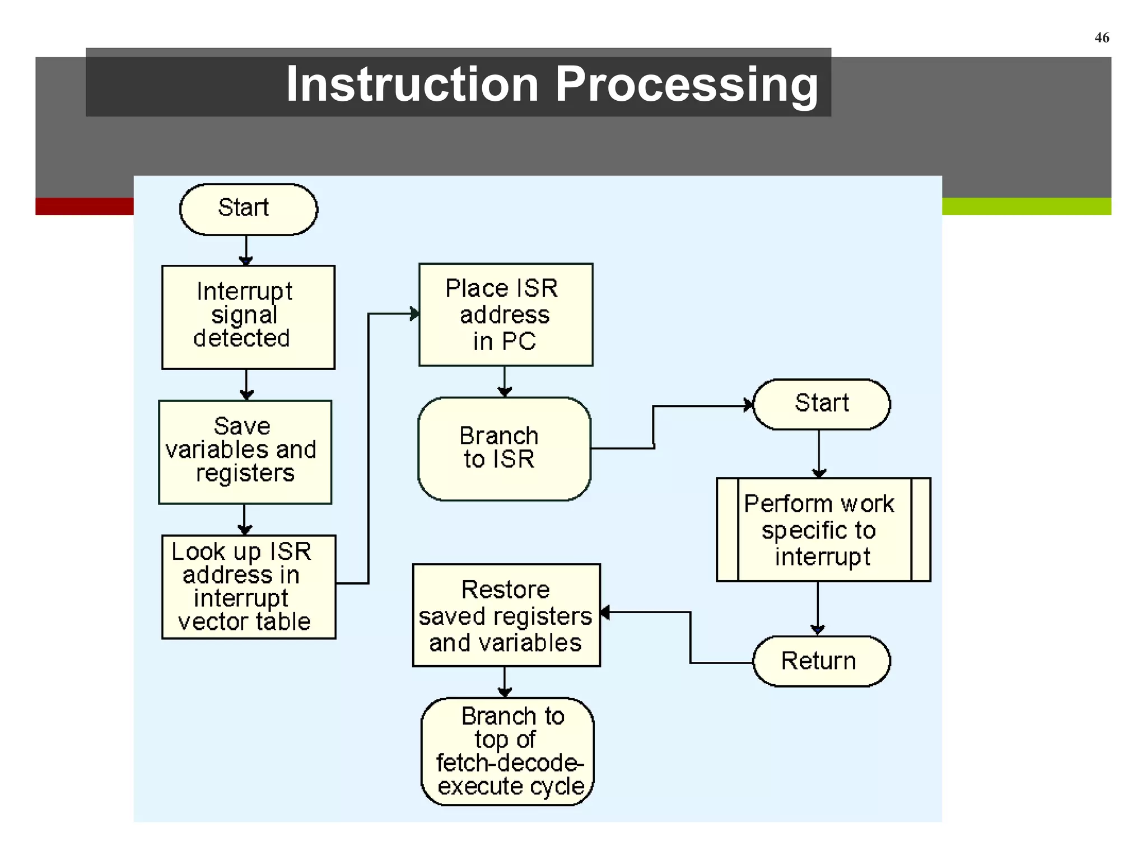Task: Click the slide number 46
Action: click(x=1101, y=38)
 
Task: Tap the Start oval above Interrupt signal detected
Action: click(x=248, y=209)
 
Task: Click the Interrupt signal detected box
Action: click(x=248, y=317)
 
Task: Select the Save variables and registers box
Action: click(x=245, y=451)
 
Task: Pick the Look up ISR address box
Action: click(x=248, y=586)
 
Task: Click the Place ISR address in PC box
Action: click(x=505, y=314)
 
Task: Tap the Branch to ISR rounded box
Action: click(x=504, y=448)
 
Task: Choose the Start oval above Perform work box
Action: click(x=821, y=404)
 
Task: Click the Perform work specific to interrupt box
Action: click(x=823, y=529)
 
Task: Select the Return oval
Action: click(x=821, y=661)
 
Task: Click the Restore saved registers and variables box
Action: click(x=506, y=615)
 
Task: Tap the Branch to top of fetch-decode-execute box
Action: click(x=507, y=751)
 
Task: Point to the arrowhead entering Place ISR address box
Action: click(x=414, y=314)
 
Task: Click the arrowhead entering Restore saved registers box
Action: click(x=605, y=612)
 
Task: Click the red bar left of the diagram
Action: click(x=84, y=206)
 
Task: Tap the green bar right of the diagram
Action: click(x=1026, y=206)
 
